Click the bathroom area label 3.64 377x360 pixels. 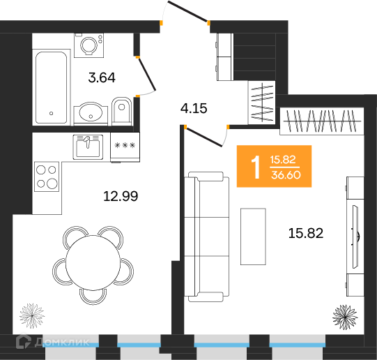click(x=102, y=77)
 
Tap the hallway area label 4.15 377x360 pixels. click(x=194, y=108)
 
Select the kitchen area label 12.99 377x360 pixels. click(x=121, y=196)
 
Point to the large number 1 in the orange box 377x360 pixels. click(x=256, y=167)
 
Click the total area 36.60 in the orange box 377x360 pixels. click(x=286, y=175)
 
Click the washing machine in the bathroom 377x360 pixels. click(x=89, y=45)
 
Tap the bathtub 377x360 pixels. click(x=51, y=87)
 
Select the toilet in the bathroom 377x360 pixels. click(x=122, y=111)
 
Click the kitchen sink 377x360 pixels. click(x=88, y=147)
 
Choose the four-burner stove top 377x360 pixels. click(x=47, y=177)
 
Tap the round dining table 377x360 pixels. click(x=93, y=263)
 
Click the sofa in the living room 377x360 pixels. click(x=206, y=237)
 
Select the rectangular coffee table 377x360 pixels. click(x=253, y=237)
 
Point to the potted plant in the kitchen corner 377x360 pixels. click(x=32, y=315)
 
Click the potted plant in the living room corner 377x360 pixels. click(x=345, y=317)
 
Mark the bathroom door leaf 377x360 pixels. click(x=146, y=74)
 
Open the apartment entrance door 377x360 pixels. click(x=187, y=11)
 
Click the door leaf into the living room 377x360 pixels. click(x=204, y=137)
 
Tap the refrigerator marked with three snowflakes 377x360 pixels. click(x=125, y=147)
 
